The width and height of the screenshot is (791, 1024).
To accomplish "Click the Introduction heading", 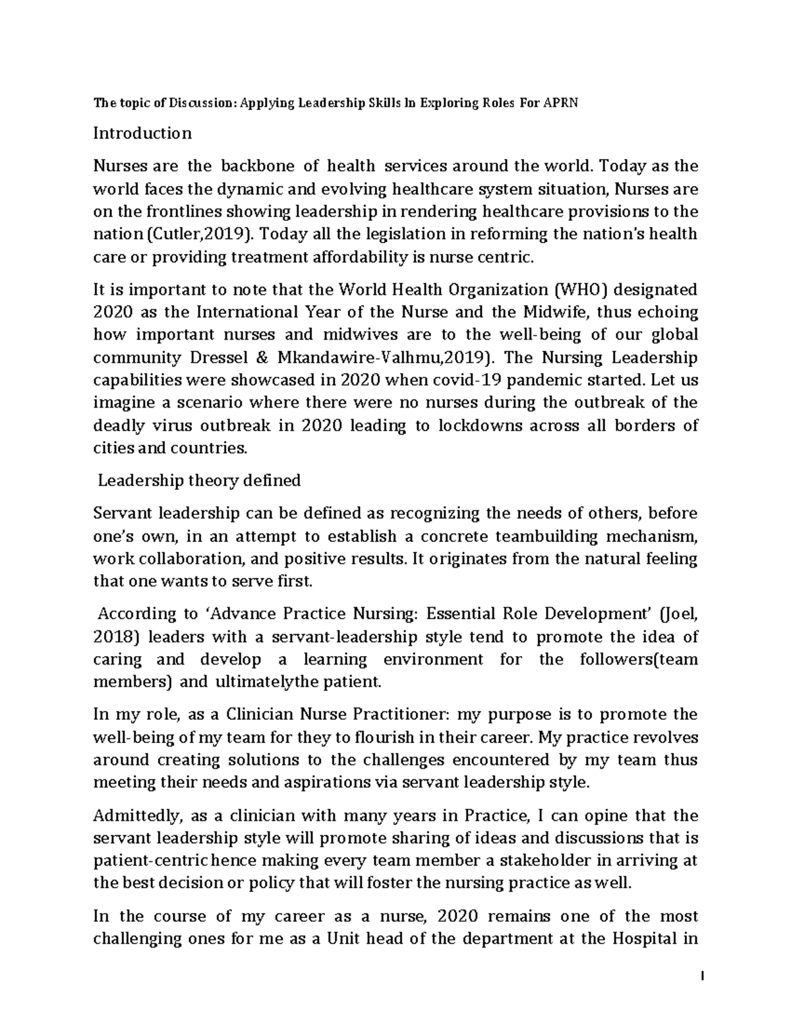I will [142, 133].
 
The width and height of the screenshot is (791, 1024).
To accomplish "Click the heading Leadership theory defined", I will [198, 481].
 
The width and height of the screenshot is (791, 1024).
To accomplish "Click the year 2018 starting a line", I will [114, 637].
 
